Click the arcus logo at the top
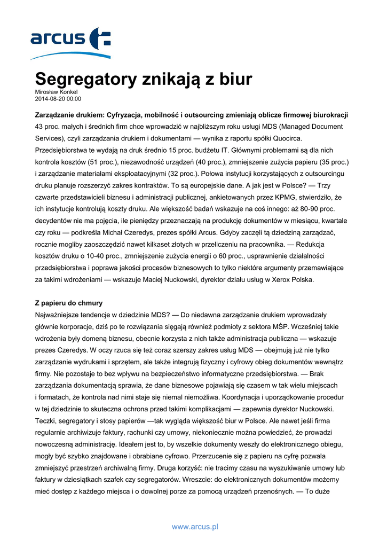point(70,42)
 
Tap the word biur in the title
point(233,80)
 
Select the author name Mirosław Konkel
point(56,92)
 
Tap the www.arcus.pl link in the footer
point(195,527)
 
